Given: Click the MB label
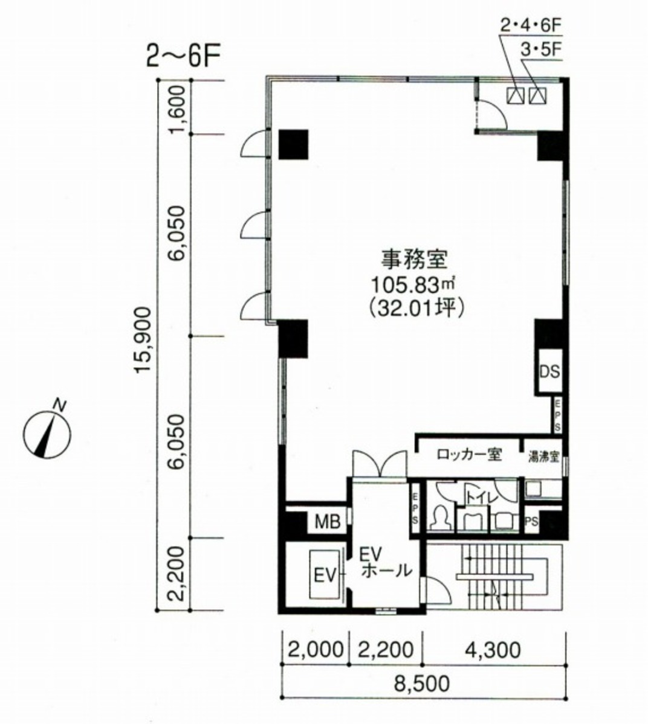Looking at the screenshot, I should coord(327,522).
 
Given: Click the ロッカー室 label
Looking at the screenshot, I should coord(468,455).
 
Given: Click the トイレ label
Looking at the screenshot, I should coord(481,498).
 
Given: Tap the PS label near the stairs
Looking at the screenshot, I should coord(531,522).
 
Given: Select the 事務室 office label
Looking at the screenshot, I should coord(421,260).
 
